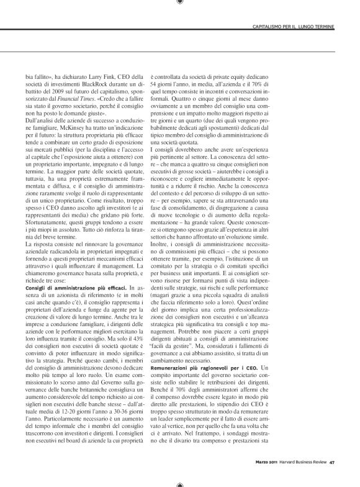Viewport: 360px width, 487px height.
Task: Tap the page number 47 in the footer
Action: pos(333,460)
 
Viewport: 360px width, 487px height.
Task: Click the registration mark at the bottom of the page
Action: pos(179,482)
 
